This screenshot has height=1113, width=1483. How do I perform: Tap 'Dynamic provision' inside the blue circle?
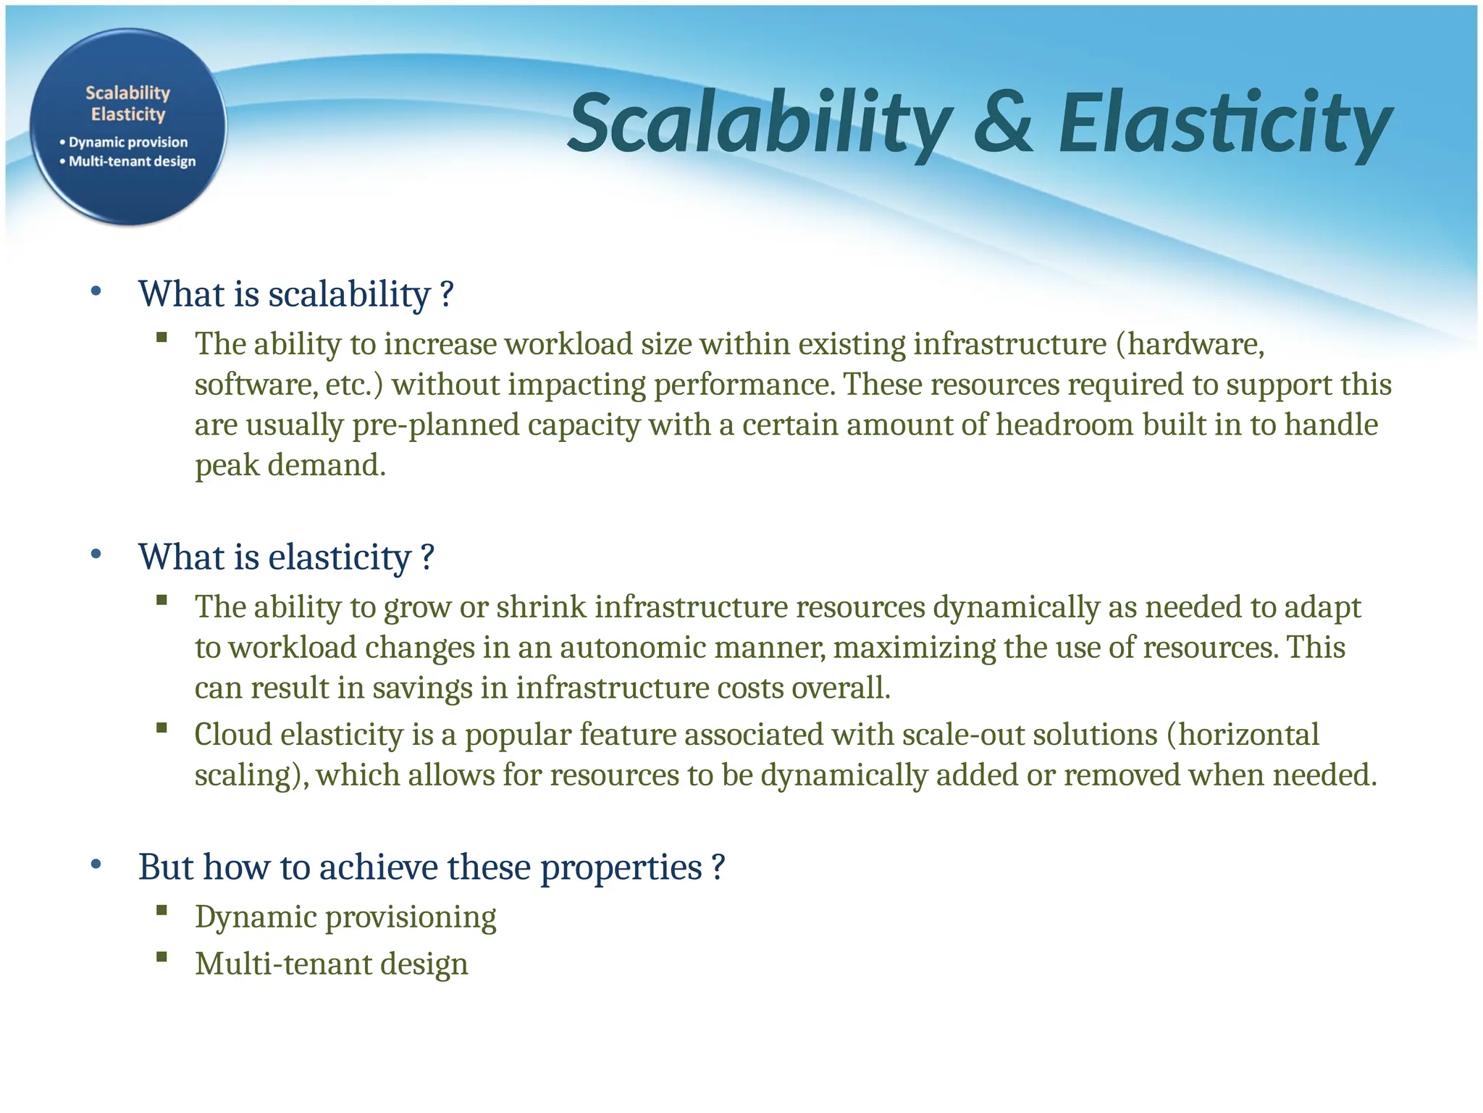point(128,142)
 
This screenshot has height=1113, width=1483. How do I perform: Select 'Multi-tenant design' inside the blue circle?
point(132,161)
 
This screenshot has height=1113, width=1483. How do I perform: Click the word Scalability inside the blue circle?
point(127,93)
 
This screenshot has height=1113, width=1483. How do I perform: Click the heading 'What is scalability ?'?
point(295,294)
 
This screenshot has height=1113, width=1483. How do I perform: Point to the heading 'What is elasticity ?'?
point(286,557)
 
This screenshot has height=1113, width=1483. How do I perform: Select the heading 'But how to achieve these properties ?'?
point(431,867)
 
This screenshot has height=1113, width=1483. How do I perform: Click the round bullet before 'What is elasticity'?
point(96,555)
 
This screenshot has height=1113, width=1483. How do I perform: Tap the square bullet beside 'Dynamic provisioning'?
point(161,910)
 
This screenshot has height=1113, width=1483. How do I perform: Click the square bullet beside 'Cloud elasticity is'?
point(161,728)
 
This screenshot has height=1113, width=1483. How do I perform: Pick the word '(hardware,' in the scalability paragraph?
point(1190,343)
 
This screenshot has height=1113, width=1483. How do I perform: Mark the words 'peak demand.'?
point(290,465)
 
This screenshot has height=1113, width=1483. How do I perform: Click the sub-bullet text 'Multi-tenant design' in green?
point(332,964)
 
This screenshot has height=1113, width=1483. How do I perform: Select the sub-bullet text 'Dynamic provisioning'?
point(345,917)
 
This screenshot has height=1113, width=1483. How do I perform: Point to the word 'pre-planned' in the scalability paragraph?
point(435,425)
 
